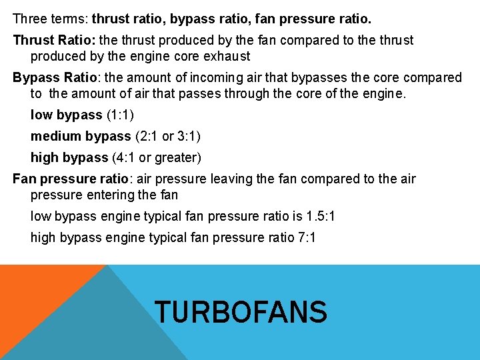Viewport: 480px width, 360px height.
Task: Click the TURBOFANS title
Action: (241, 312)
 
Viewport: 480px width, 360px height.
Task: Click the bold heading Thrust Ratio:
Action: (54, 41)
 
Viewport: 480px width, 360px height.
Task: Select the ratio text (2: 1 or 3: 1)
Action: (167, 137)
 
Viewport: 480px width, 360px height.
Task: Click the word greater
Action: (176, 158)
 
